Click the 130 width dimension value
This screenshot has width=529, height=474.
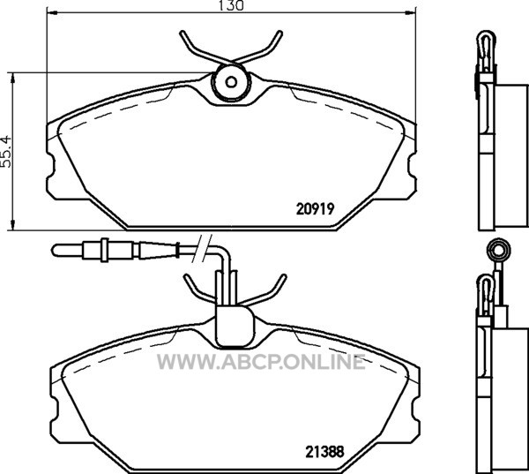pos(231,5)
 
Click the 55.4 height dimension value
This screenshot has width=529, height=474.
pos(7,152)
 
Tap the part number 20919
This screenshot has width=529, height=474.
pos(315,209)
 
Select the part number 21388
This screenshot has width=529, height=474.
pos(324,452)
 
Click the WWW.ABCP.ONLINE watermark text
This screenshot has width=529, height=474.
pos(261,362)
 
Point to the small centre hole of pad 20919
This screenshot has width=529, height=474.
pos(231,82)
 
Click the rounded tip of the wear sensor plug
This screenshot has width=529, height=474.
pos(56,251)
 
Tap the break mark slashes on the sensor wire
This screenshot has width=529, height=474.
pos(202,249)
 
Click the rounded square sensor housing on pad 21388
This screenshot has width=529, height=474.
pos(235,326)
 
